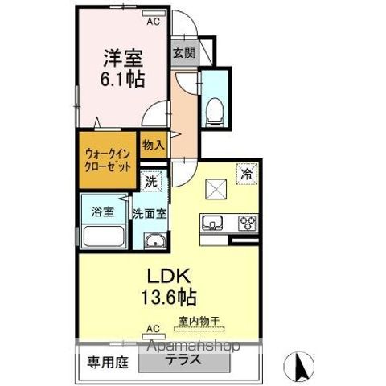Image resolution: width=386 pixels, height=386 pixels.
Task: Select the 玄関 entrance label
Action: [183, 54]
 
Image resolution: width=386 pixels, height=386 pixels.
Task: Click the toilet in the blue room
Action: [215, 109]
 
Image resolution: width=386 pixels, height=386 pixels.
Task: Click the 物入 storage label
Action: [153, 145]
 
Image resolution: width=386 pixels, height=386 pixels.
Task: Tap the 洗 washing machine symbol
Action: [151, 182]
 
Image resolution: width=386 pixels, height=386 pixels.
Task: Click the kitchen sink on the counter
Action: [214, 223]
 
